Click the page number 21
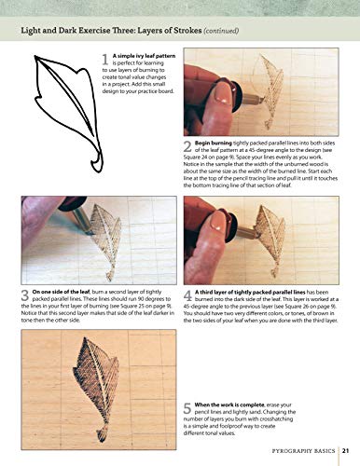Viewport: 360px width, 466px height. tap(345, 449)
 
